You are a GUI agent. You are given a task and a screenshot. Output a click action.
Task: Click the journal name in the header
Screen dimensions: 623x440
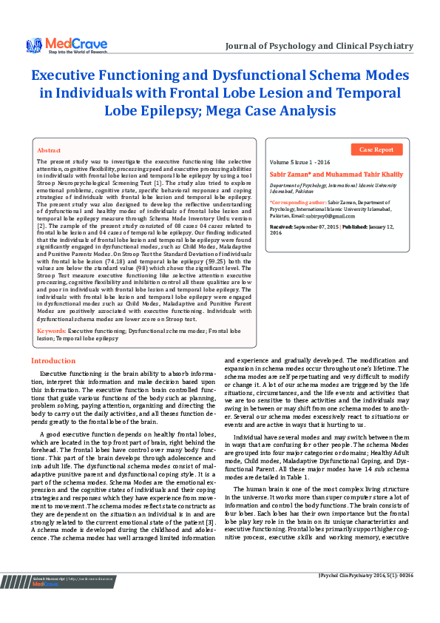click(x=319, y=47)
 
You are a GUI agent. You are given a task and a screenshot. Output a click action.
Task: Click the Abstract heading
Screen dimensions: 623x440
click(x=49, y=149)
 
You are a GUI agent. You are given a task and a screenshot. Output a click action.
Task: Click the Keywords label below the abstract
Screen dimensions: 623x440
click(x=52, y=331)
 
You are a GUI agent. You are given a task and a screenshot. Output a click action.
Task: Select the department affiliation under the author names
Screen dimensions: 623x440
click(x=331, y=187)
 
